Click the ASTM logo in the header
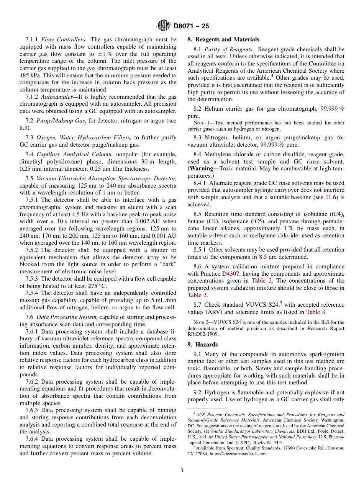(x=163, y=26)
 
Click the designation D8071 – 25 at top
(x=191, y=26)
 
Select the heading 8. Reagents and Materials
(x=223, y=39)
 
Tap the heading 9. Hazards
(x=202, y=345)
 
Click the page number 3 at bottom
(x=182, y=471)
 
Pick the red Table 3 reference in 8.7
(x=316, y=312)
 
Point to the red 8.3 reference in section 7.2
(x=23, y=128)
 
